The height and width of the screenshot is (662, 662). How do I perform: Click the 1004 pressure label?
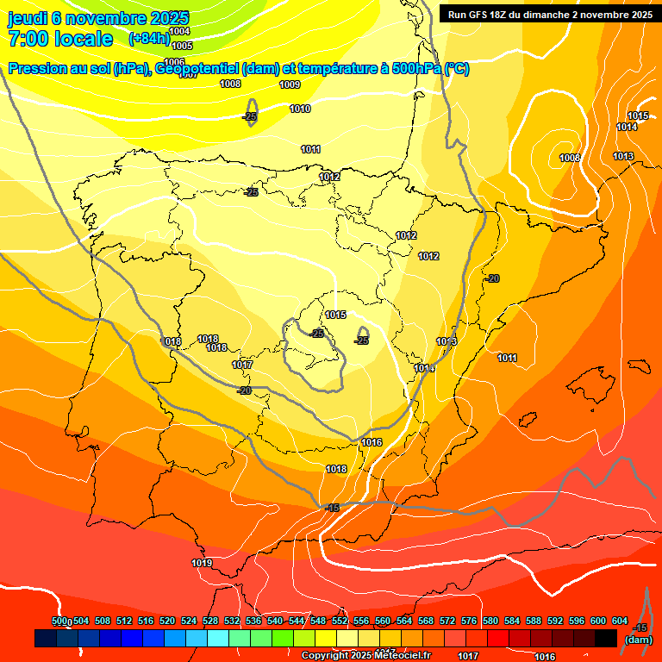coord(180,32)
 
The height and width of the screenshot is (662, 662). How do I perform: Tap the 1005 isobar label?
coord(182,45)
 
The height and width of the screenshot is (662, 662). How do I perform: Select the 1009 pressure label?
coord(290,84)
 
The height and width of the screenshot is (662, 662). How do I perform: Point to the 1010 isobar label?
coord(300,109)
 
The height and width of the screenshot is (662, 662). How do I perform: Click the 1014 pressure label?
coord(627,127)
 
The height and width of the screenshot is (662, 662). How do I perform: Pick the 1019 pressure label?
coord(202,563)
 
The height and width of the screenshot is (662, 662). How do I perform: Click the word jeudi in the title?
coord(28,18)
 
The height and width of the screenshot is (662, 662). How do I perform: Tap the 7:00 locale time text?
coord(60,39)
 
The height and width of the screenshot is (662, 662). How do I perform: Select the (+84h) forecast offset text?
coord(148,39)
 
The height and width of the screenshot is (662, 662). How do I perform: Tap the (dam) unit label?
coord(638,640)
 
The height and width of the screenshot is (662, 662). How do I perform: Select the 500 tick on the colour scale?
coord(59,621)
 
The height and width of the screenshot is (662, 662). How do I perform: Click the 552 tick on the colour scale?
coord(340,621)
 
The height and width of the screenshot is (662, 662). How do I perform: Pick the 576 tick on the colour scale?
coord(469,621)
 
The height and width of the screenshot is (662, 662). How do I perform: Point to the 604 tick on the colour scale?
coord(620,621)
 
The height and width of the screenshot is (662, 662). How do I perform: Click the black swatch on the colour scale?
coord(606,638)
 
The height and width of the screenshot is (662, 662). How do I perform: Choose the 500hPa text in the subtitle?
coord(416,68)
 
